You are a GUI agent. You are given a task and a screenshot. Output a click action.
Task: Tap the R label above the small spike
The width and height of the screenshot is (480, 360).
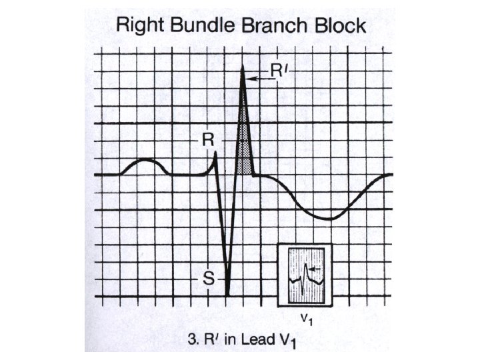click(208, 141)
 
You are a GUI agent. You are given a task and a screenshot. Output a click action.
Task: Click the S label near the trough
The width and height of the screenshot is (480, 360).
click(209, 278)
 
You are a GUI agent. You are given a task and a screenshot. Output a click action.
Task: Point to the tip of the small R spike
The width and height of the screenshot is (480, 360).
click(216, 153)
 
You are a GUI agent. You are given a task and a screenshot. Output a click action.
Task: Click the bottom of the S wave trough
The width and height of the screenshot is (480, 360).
click(228, 295)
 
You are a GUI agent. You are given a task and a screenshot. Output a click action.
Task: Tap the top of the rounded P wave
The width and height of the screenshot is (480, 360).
click(145, 161)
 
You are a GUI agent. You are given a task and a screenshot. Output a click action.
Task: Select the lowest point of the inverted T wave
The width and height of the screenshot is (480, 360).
click(329, 219)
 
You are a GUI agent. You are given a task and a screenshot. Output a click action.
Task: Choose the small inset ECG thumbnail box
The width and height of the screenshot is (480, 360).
click(304, 274)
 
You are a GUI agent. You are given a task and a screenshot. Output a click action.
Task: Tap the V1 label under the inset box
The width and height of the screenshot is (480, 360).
click(305, 319)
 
